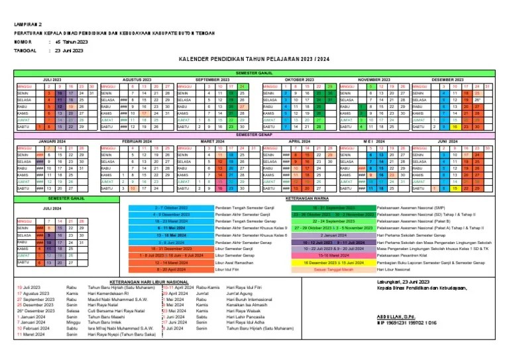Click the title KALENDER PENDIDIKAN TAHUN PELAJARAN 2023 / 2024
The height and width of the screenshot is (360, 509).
coord(254,60)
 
